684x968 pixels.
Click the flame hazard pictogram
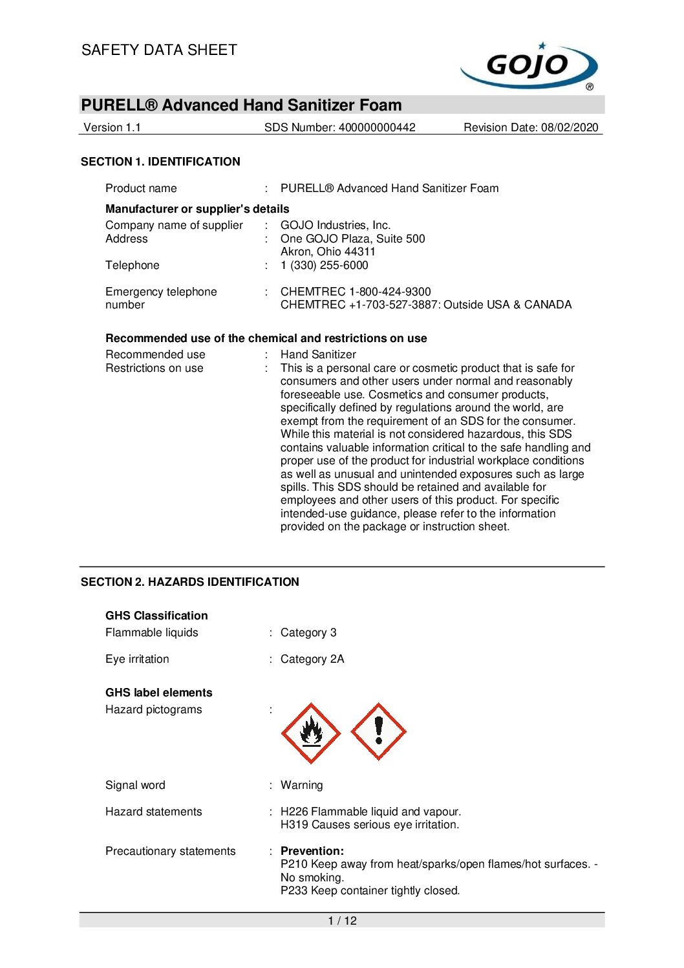click(311, 733)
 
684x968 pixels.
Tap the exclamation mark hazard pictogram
click(378, 732)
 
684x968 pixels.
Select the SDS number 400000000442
click(377, 127)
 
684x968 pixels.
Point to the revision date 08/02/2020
click(570, 127)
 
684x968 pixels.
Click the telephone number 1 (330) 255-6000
click(324, 265)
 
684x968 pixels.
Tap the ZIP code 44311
click(359, 252)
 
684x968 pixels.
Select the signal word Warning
click(301, 785)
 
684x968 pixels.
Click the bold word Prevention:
click(312, 851)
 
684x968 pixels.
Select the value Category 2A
click(312, 659)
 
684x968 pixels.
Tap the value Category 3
click(308, 632)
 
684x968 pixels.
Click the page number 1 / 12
click(342, 921)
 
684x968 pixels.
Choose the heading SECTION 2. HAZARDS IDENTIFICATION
click(189, 582)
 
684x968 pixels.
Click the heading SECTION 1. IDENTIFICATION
click(160, 162)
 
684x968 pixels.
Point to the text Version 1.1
click(112, 127)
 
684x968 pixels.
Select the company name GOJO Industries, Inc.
click(336, 225)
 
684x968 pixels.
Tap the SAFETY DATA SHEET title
click(159, 50)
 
